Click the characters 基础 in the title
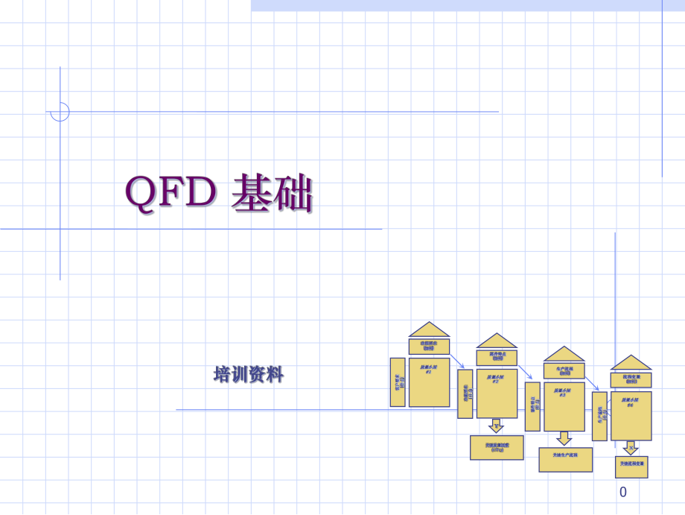[273, 194]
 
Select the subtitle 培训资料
[249, 375]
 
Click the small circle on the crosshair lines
[60, 112]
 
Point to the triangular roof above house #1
[430, 330]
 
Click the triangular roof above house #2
[497, 341]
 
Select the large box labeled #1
[430, 382]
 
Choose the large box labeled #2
[497, 394]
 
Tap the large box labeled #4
[631, 414]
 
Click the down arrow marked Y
[496, 426]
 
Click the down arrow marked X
[630, 448]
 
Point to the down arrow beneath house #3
[564, 438]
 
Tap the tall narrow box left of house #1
[398, 382]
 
